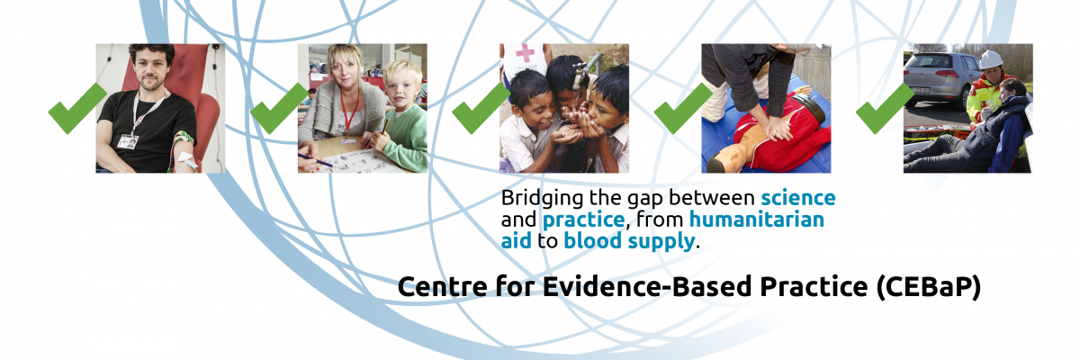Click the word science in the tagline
[x=798, y=198]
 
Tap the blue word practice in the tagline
[x=583, y=220]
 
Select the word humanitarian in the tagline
[x=757, y=220]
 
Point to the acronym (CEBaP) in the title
[x=929, y=288]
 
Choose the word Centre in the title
[x=443, y=287]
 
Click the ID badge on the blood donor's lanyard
[x=128, y=141]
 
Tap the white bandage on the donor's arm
[x=187, y=160]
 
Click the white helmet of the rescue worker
[x=990, y=59]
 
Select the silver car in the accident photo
[x=938, y=77]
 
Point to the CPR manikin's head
[x=728, y=159]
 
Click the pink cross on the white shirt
[x=525, y=53]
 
